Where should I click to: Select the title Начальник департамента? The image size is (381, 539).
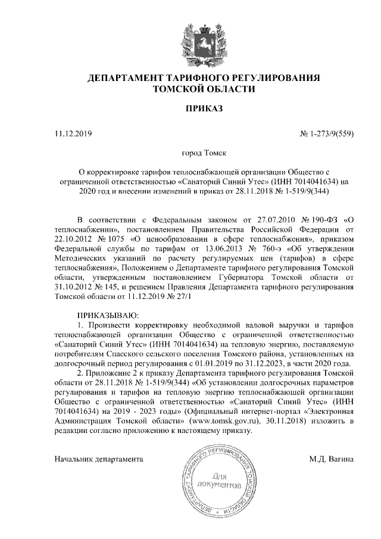click(99, 459)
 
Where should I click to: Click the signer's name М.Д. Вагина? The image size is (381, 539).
click(332, 459)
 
